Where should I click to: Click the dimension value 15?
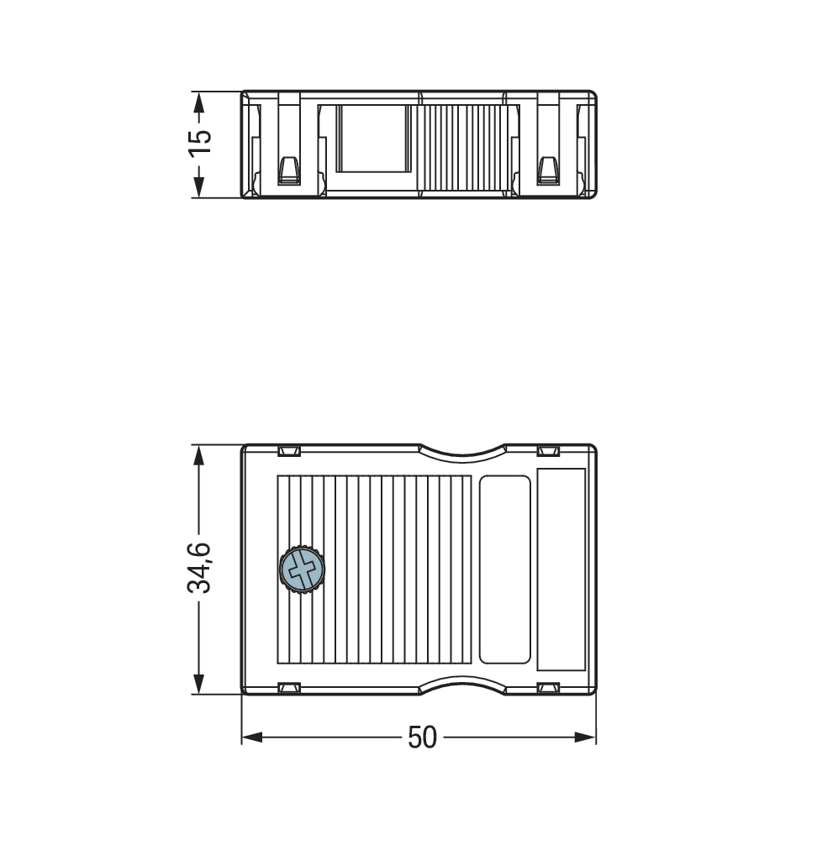pyautogui.click(x=199, y=144)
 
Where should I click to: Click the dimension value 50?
pyautogui.click(x=422, y=737)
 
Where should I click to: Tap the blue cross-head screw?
pyautogui.click(x=302, y=569)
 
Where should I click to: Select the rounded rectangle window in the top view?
pyautogui.click(x=505, y=569)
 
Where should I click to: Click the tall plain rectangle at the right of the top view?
pyautogui.click(x=561, y=569)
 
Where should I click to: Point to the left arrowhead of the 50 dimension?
pyautogui.click(x=252, y=737)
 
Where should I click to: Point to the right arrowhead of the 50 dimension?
pyautogui.click(x=585, y=737)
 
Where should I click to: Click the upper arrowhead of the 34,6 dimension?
pyautogui.click(x=199, y=455)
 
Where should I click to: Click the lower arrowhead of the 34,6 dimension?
pyautogui.click(x=199, y=684)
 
